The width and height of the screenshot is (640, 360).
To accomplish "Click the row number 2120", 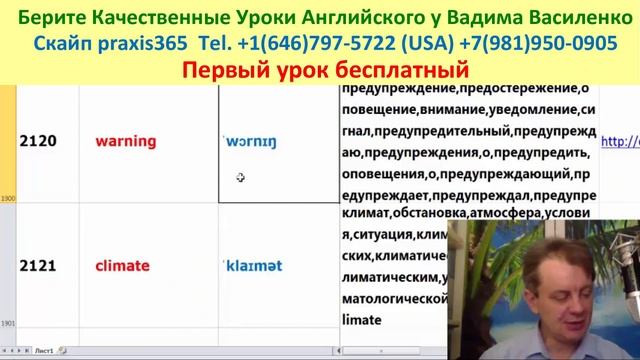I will [37, 141].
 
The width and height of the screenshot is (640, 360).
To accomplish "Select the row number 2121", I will [37, 266].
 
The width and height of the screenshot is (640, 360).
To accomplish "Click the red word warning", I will [126, 141].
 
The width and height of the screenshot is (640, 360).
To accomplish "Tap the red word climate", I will [122, 266].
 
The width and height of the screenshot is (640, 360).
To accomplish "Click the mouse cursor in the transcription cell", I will [241, 178].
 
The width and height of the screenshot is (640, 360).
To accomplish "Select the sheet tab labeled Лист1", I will [44, 352].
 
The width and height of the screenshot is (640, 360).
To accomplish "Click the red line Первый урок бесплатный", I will [326, 70].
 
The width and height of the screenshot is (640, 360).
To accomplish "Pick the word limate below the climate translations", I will [362, 320].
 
